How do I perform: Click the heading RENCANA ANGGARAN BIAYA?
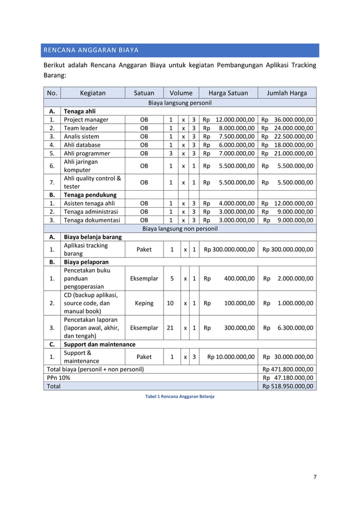[91, 50]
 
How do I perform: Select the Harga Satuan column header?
[228, 93]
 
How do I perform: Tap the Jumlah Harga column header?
[287, 93]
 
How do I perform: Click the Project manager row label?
[86, 120]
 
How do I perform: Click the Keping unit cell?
[144, 303]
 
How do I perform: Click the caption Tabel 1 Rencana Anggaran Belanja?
[179, 396]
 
